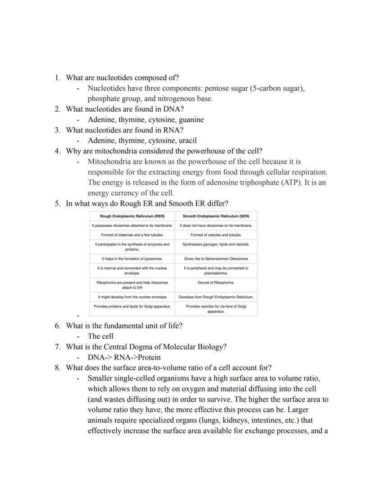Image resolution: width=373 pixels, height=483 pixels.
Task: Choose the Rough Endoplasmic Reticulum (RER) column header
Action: pos(132,216)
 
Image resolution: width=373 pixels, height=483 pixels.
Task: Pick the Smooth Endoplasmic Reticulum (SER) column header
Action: pos(216,216)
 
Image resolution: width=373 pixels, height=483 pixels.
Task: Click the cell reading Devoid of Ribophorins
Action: pos(216,283)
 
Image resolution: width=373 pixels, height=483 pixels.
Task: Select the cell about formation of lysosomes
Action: pos(132,259)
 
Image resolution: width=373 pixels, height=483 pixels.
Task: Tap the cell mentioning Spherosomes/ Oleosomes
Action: pos(216,259)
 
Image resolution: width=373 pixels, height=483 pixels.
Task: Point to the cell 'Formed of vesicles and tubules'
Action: pos(216,235)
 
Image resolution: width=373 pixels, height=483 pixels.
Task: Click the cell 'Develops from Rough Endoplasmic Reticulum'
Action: pos(216,297)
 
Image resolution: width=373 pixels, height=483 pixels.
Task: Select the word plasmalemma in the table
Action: pos(216,273)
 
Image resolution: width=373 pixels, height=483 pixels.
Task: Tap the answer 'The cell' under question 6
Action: pos(100,336)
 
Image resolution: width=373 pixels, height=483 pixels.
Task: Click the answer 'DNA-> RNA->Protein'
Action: pos(124,357)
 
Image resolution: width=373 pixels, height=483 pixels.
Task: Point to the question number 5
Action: pos(58,203)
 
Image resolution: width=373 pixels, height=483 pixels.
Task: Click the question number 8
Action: pos(58,368)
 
